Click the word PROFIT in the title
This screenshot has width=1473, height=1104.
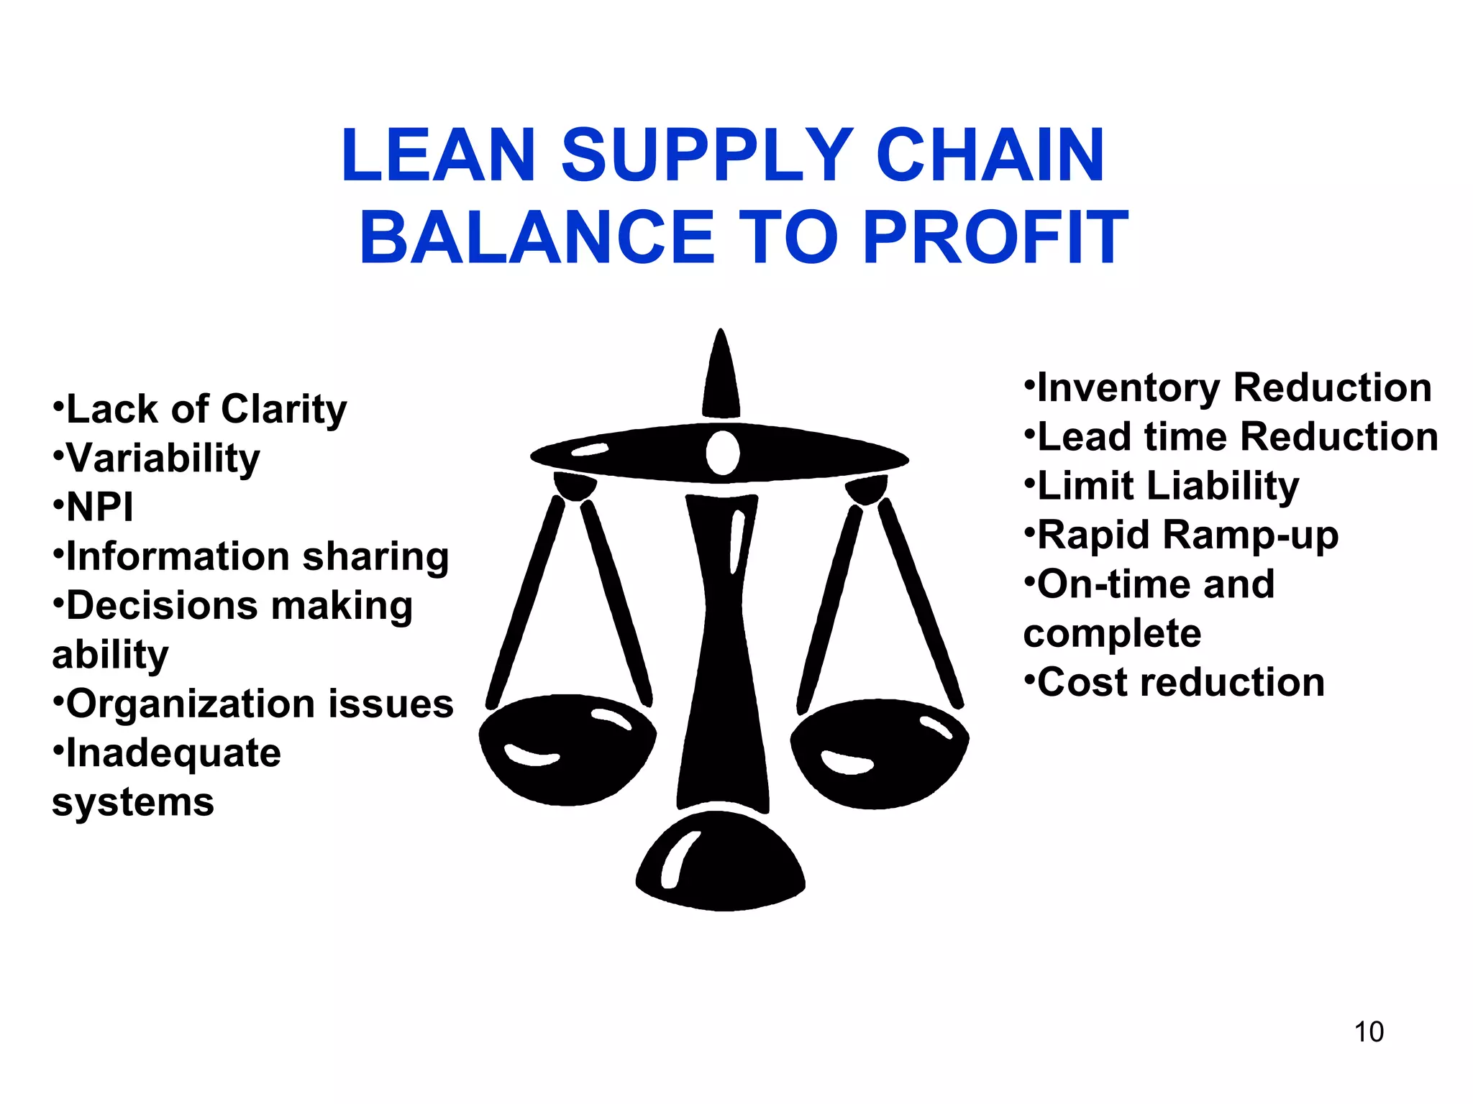[995, 237]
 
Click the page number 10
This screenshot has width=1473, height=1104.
[1369, 1032]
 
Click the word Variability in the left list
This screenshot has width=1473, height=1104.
[163, 459]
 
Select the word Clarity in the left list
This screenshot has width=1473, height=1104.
[283, 410]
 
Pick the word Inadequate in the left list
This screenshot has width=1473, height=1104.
[173, 753]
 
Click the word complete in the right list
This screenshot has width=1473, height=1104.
[1112, 634]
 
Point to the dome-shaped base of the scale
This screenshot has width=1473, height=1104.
[721, 862]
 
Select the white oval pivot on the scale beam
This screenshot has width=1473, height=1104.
[722, 453]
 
